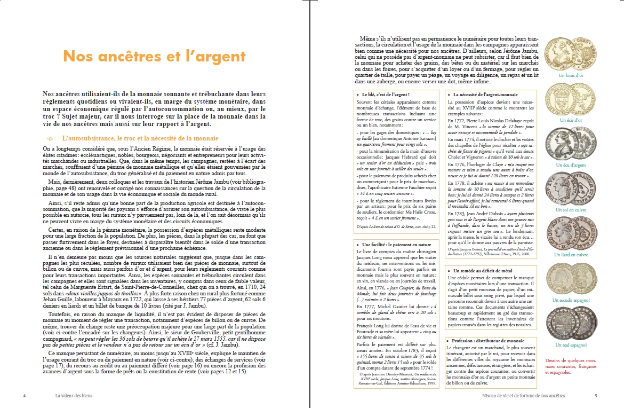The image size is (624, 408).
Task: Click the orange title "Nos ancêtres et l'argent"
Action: (x=154, y=57)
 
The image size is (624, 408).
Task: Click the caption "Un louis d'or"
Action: (x=572, y=76)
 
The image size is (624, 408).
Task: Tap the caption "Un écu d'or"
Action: (x=571, y=121)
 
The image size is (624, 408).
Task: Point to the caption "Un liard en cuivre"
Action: (x=571, y=255)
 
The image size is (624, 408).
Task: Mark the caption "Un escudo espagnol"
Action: (x=571, y=300)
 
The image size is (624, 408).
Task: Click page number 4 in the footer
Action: (x=25, y=396)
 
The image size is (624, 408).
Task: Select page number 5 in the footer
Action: (x=596, y=396)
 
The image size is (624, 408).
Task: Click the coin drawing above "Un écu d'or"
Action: (x=571, y=99)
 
